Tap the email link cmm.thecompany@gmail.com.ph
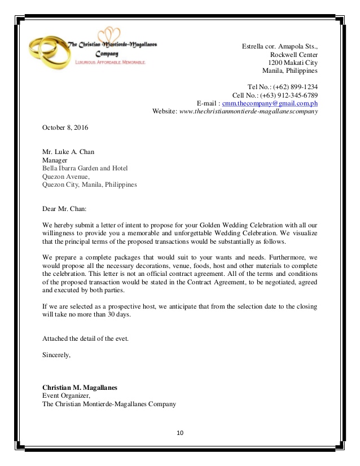coord(270,103)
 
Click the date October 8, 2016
coord(65,128)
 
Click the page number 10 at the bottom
coord(180,433)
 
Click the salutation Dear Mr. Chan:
coord(64,209)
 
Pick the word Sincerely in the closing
coord(56,355)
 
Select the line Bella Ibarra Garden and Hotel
coord(85,168)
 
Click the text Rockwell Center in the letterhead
coord(294,54)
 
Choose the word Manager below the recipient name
coord(55,160)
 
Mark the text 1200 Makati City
coord(292,63)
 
